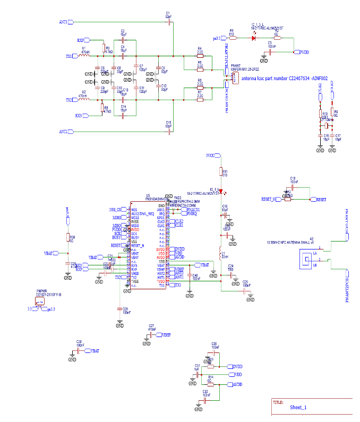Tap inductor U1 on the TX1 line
84,55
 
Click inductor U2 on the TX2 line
83,100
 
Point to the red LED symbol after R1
253,38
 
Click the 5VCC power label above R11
211,156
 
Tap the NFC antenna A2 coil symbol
306,260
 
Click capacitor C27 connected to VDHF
151,335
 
